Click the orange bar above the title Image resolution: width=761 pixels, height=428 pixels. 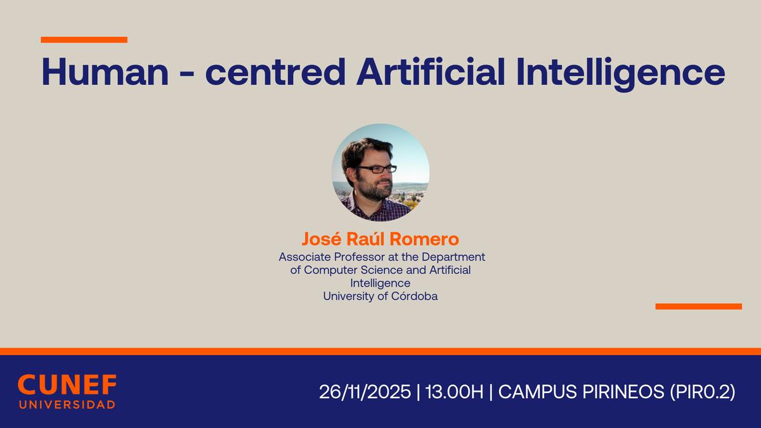84,39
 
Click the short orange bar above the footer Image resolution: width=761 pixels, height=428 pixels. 698,306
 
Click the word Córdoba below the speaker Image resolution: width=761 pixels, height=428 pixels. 413,295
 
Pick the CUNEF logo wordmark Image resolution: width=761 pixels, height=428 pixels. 67,385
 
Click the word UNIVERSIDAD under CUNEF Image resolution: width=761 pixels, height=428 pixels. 67,405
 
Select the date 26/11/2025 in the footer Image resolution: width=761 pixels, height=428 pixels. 365,392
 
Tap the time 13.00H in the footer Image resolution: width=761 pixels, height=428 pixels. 454,392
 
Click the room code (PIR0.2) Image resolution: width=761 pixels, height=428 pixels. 703,392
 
